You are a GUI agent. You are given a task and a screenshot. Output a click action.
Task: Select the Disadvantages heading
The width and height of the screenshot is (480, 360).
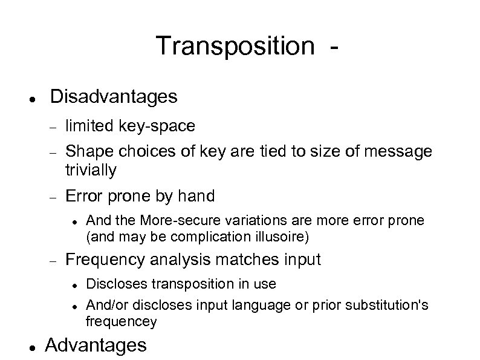(x=114, y=96)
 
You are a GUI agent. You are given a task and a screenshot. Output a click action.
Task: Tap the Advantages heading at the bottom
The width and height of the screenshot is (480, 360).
(x=96, y=345)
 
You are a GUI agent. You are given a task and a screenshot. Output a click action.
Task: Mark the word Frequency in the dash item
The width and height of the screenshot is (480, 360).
(x=106, y=260)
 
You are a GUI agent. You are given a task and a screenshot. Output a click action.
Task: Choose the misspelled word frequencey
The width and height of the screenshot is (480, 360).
(x=122, y=321)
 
